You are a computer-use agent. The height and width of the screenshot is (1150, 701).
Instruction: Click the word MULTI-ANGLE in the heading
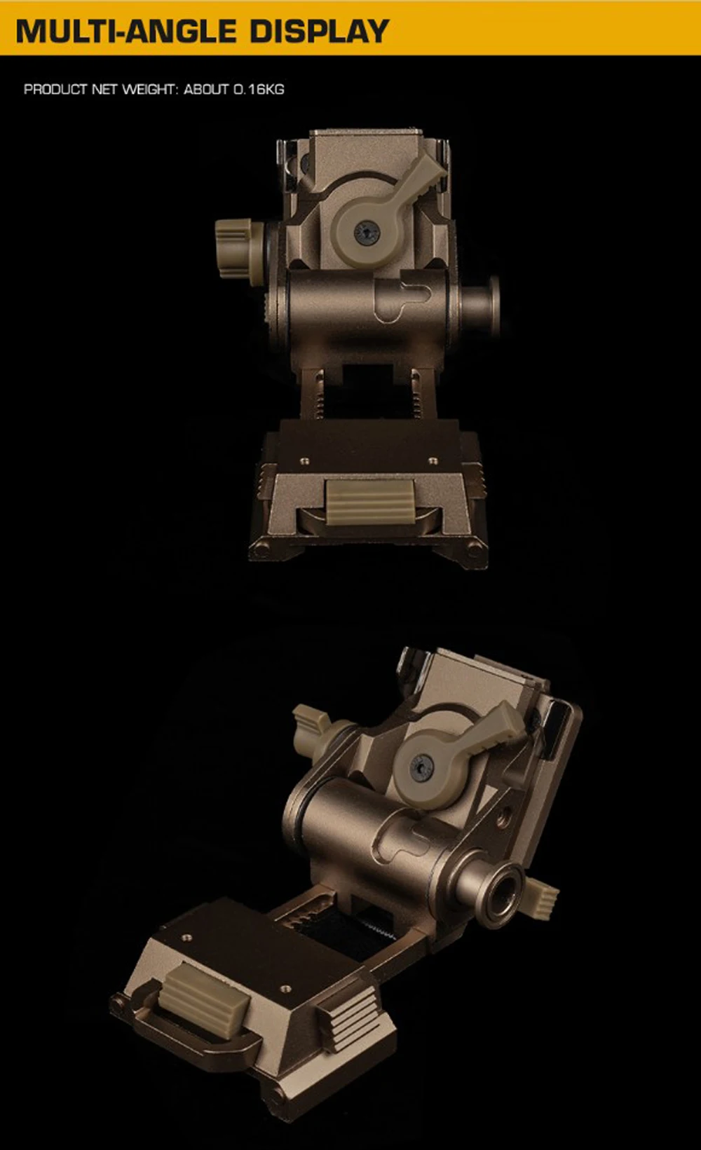125,32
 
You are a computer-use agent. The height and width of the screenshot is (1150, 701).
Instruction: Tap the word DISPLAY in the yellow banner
320,32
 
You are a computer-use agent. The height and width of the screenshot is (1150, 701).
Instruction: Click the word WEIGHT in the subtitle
149,89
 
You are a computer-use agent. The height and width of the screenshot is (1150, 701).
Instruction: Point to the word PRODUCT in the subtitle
55,89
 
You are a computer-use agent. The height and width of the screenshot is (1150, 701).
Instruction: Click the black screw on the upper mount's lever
367,233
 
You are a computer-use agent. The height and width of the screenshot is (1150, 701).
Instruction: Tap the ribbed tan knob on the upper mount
239,248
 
